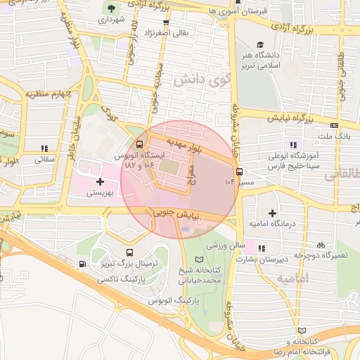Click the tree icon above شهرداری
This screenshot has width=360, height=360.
click(111, 8)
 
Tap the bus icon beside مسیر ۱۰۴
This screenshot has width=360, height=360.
click(240, 171)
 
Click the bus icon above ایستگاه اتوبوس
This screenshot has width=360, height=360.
click(129, 143)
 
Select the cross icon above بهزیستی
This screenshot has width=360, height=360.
click(100, 181)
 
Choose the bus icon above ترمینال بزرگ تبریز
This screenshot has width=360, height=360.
click(129, 252)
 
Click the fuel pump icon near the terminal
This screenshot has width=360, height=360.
click(83, 264)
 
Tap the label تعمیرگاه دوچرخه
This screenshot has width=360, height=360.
click(322, 254)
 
